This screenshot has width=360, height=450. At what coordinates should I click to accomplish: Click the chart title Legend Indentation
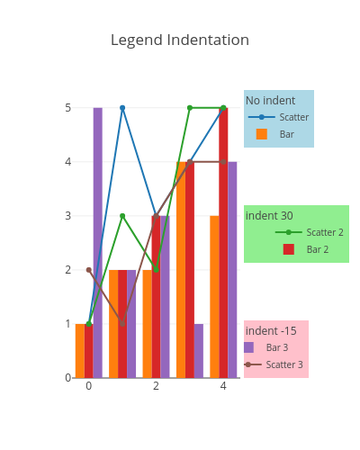pyautogui.click(x=180, y=40)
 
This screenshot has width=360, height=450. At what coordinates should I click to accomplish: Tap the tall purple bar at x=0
pyautogui.click(x=98, y=243)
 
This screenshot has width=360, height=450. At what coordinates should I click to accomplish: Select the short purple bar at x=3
pyautogui.click(x=199, y=351)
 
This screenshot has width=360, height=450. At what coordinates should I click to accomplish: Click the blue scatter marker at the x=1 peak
pyautogui.click(x=122, y=108)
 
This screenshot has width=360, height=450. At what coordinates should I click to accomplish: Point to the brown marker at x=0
pyautogui.click(x=89, y=270)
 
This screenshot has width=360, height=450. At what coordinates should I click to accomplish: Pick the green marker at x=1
pyautogui.click(x=122, y=216)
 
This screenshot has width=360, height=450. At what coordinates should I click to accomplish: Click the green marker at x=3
pyautogui.click(x=190, y=108)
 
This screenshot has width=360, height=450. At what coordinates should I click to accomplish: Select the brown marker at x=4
pyautogui.click(x=223, y=162)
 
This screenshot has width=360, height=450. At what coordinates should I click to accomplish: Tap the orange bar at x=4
pyautogui.click(x=214, y=297)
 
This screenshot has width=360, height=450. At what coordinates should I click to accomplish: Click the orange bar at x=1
pyautogui.click(x=113, y=324)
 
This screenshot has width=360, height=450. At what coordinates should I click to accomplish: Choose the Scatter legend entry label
pyautogui.click(x=294, y=117)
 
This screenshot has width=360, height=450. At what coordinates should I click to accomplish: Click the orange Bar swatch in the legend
pyautogui.click(x=262, y=134)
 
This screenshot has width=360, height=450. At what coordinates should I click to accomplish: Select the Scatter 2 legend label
pyautogui.click(x=325, y=232)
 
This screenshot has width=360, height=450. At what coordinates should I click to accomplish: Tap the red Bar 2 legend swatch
pyautogui.click(x=289, y=249)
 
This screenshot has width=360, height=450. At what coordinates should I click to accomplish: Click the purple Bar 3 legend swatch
pyautogui.click(x=248, y=347)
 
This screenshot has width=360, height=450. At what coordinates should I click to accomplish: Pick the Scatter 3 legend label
pyautogui.click(x=284, y=364)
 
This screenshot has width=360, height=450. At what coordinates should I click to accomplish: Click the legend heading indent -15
pyautogui.click(x=271, y=331)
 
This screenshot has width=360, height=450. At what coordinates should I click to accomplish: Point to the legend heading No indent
pyautogui.click(x=271, y=101)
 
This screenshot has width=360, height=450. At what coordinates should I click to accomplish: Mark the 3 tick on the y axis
pyautogui.click(x=68, y=216)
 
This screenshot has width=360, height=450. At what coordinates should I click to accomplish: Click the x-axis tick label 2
pyautogui.click(x=156, y=386)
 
